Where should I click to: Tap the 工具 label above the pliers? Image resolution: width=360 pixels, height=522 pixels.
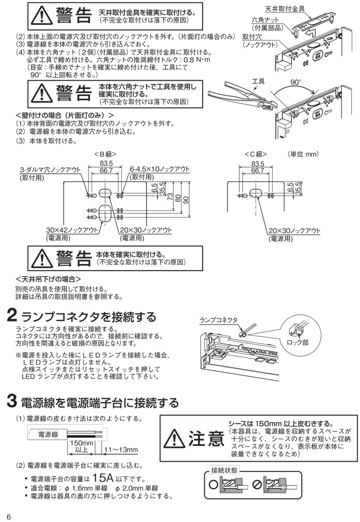(258, 82)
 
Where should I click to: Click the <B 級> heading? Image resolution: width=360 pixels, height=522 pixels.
(105, 154)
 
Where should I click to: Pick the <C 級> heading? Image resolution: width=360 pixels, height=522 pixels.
(256, 154)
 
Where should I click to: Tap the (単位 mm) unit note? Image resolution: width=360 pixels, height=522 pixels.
(304, 154)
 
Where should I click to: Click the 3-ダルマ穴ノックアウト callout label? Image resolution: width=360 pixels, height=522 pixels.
(50, 169)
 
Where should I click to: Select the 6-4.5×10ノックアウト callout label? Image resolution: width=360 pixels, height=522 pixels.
(159, 169)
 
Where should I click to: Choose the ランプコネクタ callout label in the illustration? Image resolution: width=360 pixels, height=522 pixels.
(219, 320)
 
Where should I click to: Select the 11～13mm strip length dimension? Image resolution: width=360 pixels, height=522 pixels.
(121, 450)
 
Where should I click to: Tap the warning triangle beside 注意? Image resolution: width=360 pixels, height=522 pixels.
(174, 438)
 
